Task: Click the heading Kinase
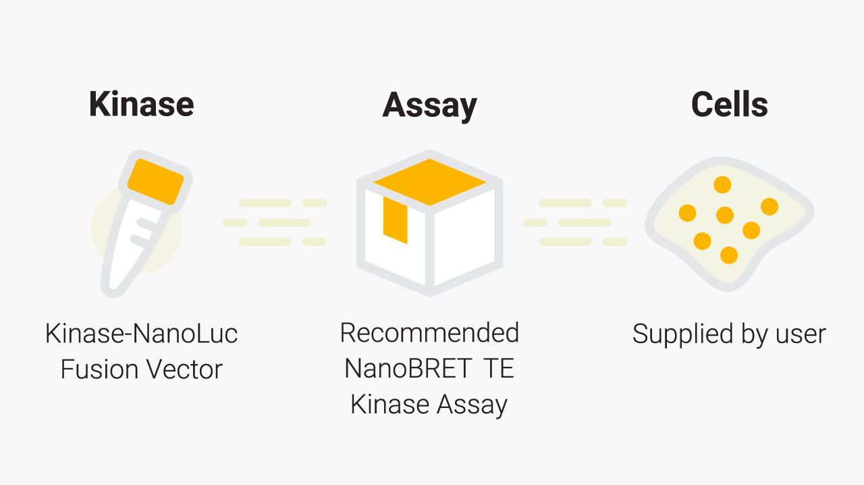[x=142, y=105]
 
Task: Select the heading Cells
[x=729, y=105]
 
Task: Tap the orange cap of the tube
[x=156, y=181]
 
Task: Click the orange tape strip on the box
[x=395, y=220]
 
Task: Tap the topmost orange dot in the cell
[x=722, y=184]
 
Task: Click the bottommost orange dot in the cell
[x=729, y=255]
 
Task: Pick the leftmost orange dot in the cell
[x=687, y=213]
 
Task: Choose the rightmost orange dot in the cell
[x=769, y=207]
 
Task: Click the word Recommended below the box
[x=429, y=333]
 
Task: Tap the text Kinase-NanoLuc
[x=142, y=334]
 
